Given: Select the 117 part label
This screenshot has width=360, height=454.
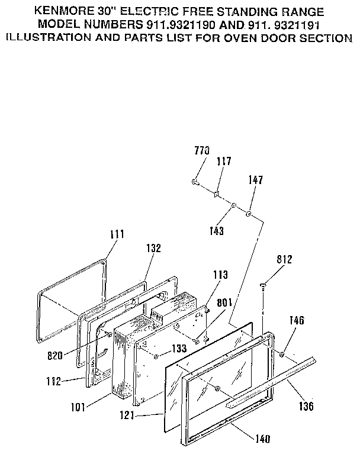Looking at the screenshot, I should coord(224,161).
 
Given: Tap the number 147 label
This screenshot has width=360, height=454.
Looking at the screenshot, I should coord(256,179).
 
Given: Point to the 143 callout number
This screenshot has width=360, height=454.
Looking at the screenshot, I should coord(217,231).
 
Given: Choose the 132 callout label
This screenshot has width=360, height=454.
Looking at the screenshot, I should coord(153,249).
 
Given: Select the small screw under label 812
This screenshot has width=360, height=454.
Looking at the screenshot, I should coord(263,286).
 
